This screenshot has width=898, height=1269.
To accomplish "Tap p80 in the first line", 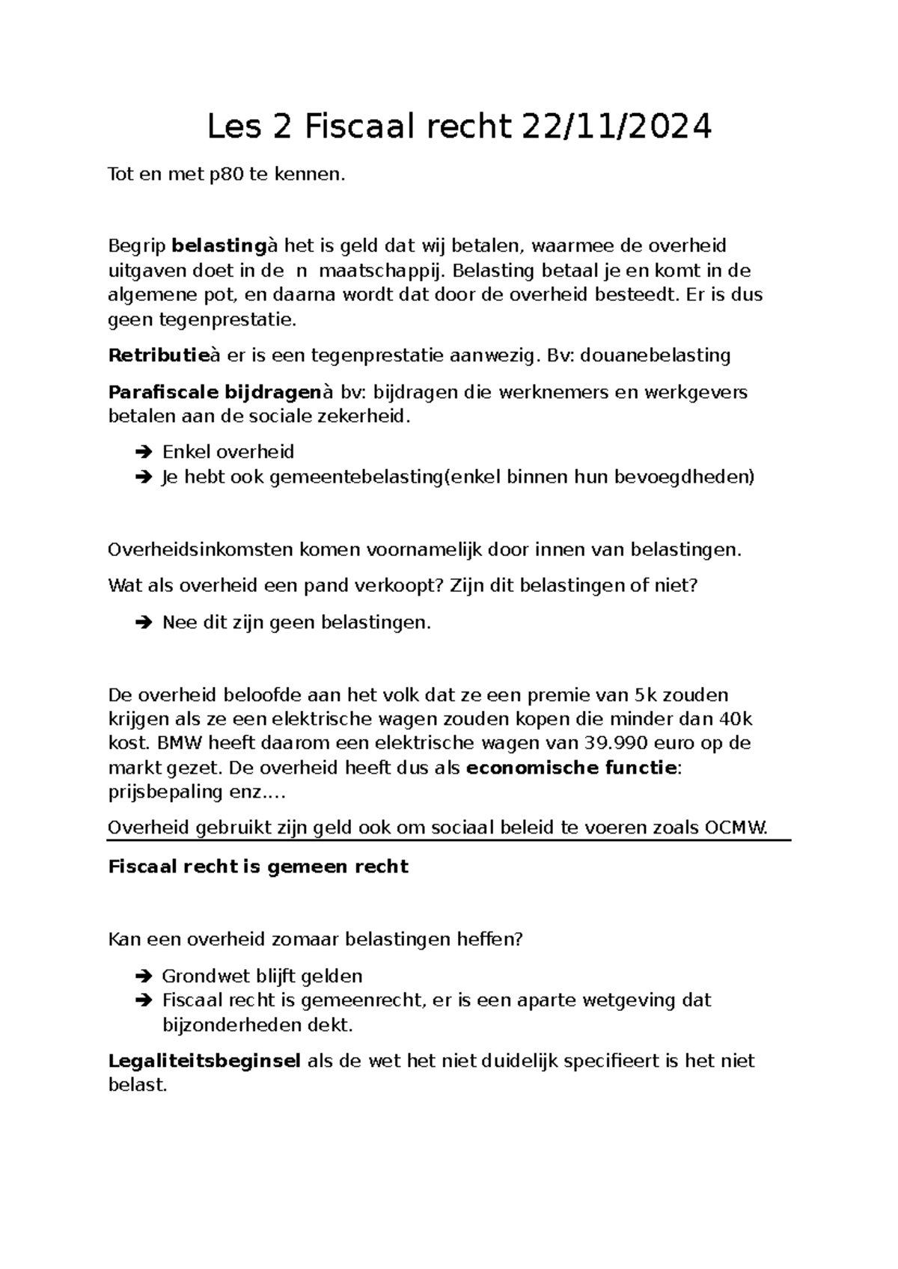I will coord(227,175).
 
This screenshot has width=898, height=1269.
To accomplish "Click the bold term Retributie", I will coord(157,355).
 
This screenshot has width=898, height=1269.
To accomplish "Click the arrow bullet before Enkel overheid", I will coord(143,453).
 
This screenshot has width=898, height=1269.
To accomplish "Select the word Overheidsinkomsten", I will coord(201,550).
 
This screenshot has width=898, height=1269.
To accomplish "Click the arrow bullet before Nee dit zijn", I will coord(143,623).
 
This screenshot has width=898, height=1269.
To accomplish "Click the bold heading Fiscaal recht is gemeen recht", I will coord(258,866).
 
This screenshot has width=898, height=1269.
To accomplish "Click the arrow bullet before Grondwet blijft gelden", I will coord(143,976).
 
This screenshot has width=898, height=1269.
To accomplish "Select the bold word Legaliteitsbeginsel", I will coord(204,1061).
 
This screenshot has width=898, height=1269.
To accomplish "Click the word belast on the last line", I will coord(135,1085).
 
